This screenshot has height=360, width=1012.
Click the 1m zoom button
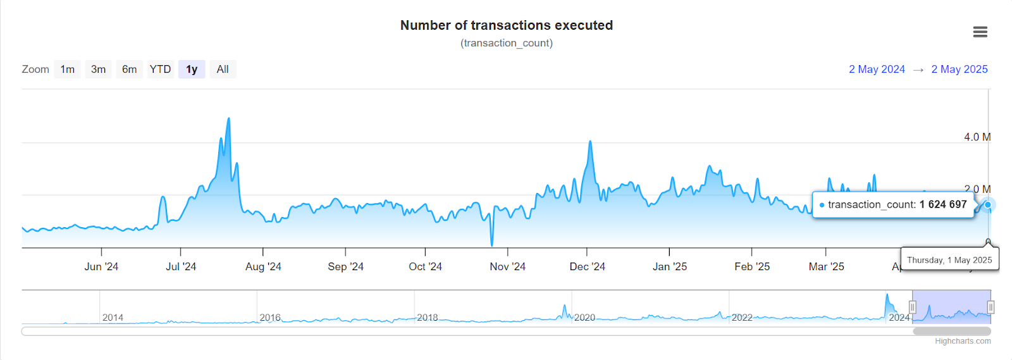[68, 70]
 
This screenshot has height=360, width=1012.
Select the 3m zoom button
[98, 70]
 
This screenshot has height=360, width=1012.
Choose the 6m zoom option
[129, 70]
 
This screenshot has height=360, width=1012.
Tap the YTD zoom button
[160, 70]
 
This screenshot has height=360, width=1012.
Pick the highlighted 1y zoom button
[192, 70]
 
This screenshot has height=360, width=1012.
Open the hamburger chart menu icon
[980, 32]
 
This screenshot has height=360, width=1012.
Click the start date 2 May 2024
[877, 70]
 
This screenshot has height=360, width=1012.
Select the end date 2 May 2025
[959, 70]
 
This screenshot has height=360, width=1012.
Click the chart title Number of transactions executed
[506, 25]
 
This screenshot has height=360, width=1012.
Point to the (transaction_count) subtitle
[506, 43]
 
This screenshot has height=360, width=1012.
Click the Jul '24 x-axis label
[181, 267]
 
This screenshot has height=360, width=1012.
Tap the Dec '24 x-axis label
[587, 267]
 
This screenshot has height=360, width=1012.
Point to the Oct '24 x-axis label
[425, 267]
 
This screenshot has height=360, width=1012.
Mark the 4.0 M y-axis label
[977, 137]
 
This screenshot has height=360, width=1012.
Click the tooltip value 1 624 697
[943, 204]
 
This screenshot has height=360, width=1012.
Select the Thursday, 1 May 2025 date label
[949, 260]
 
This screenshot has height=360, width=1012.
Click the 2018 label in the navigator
[428, 318]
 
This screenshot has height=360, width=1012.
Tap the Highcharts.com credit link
[963, 341]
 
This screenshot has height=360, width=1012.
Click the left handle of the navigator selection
[912, 307]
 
